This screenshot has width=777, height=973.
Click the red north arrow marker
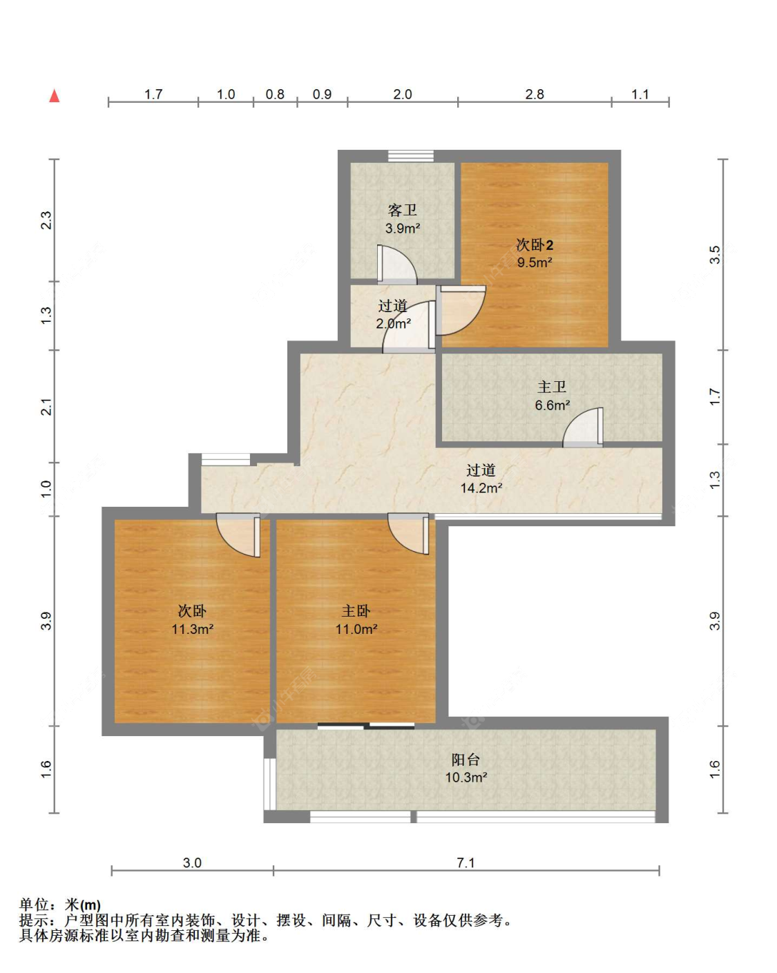(x=55, y=96)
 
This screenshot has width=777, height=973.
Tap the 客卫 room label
(x=402, y=210)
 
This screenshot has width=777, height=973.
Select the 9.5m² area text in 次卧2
(x=535, y=262)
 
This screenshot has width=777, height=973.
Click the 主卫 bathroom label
(x=552, y=387)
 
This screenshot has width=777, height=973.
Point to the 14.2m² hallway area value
(x=481, y=488)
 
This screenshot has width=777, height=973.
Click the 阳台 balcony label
(x=466, y=759)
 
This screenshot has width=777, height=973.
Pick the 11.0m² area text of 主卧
(x=356, y=629)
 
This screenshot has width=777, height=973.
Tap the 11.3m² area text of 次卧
(x=192, y=629)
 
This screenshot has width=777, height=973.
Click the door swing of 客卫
(x=396, y=265)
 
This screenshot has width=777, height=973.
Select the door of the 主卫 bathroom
(x=583, y=427)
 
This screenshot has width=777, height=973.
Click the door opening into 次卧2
(x=461, y=310)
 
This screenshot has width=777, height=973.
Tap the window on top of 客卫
(x=411, y=156)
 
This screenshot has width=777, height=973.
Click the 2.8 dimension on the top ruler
(x=535, y=94)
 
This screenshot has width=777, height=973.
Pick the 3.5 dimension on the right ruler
(x=715, y=255)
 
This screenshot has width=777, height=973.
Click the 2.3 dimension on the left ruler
(x=46, y=220)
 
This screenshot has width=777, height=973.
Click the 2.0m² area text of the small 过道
(x=394, y=324)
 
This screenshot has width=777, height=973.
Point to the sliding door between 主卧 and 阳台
(x=366, y=726)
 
